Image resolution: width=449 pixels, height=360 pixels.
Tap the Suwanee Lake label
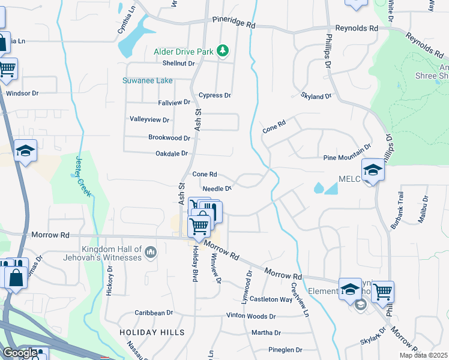[x=148, y=80]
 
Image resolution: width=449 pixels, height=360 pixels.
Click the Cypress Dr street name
[x=215, y=95]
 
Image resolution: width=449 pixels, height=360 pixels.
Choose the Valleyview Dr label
[x=150, y=119]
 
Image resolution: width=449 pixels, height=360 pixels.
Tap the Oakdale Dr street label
[x=172, y=154]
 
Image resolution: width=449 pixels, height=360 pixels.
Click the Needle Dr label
[x=217, y=188]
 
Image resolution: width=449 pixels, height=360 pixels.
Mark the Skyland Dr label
[x=316, y=96]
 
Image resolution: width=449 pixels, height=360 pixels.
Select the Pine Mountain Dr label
[x=348, y=154]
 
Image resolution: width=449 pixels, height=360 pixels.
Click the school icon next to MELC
[x=373, y=170]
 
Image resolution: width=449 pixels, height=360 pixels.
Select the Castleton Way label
[x=271, y=299]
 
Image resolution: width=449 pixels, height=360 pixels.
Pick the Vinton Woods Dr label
[x=250, y=316]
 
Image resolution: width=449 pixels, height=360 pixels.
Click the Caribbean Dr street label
[x=154, y=313]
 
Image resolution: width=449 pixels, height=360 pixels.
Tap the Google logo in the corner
[x=19, y=353]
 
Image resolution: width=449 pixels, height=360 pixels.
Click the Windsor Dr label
[x=22, y=93]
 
